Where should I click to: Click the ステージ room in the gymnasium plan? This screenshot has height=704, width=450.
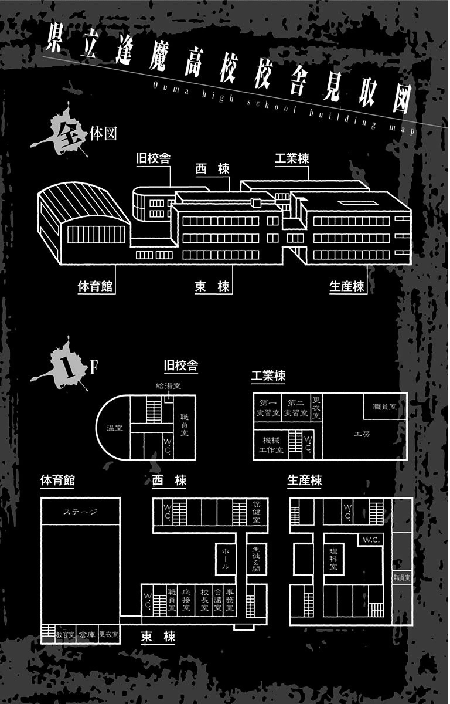tap(80, 512)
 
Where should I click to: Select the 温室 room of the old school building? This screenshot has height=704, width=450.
tap(114, 428)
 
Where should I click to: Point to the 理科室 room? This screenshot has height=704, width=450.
tap(333, 558)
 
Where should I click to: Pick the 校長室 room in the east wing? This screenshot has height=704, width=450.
tap(203, 600)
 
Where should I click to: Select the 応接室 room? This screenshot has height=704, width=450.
tap(187, 600)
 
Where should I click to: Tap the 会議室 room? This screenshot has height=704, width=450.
tap(218, 600)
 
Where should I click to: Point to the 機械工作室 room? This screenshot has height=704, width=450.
tap(271, 445)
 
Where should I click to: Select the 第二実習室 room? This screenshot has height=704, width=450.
tap(295, 408)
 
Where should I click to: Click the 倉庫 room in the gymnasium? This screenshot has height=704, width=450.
tap(87, 634)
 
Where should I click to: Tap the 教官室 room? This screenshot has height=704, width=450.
tap(65, 634)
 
